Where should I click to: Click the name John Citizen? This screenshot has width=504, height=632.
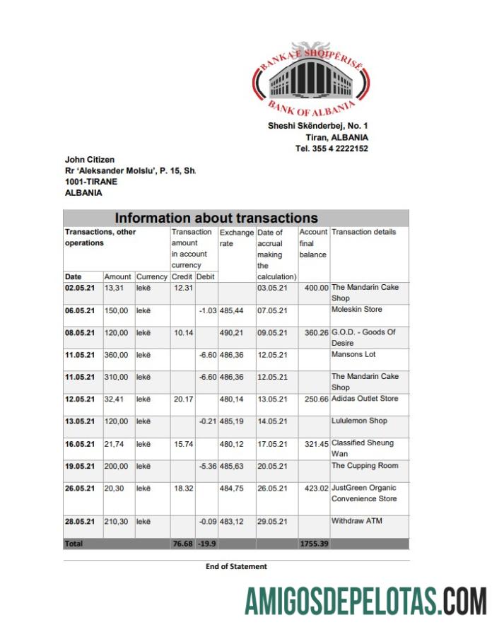(90, 160)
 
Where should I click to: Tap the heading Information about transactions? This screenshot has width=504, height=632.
(216, 218)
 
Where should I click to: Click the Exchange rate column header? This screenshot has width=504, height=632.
(236, 238)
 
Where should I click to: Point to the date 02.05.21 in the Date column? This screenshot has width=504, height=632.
(79, 288)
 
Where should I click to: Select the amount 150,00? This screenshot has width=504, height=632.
(116, 310)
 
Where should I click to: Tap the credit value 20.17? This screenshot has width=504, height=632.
(183, 399)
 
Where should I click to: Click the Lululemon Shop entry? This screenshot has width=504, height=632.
(359, 421)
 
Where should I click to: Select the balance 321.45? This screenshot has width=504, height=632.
(314, 444)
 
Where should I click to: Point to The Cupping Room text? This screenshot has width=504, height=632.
(365, 466)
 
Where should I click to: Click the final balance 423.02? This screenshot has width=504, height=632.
(314, 488)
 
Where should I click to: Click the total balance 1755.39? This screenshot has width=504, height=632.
(314, 544)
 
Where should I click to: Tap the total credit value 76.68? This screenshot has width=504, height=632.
(182, 544)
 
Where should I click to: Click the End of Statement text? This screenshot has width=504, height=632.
(236, 566)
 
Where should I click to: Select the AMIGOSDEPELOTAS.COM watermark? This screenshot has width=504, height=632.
(365, 601)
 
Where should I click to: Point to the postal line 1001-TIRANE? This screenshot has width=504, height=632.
(91, 181)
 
